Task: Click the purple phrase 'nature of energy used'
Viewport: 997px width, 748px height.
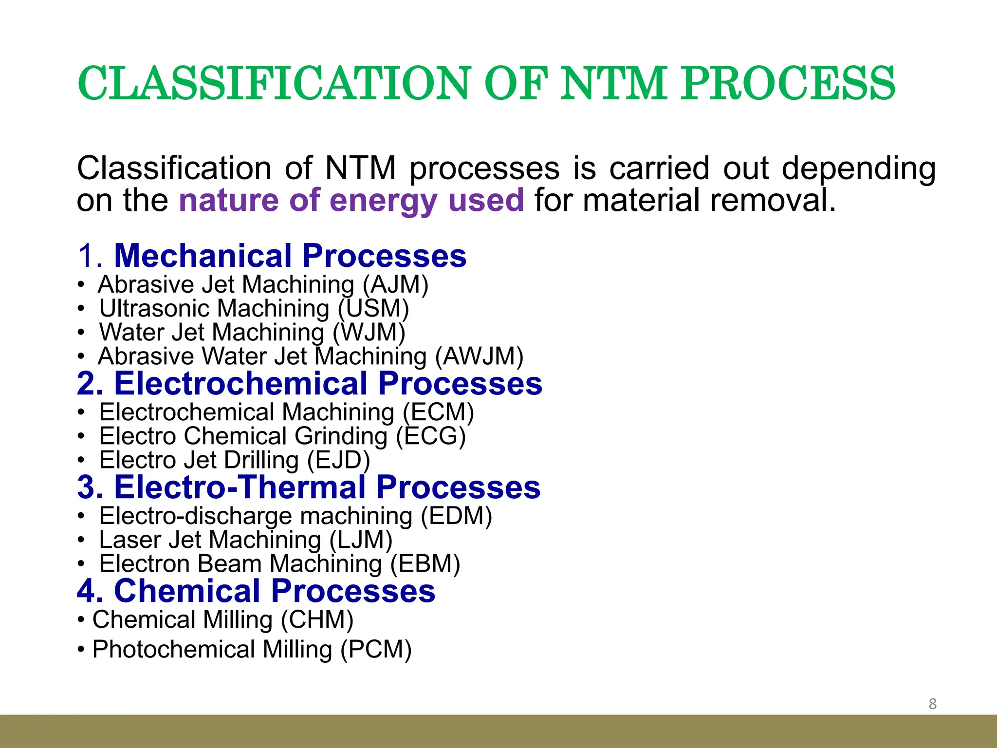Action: [351, 200]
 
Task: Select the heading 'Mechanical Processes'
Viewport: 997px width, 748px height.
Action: [290, 256]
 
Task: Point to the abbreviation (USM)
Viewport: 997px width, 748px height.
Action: [373, 309]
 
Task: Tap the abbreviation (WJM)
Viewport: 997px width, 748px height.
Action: [369, 333]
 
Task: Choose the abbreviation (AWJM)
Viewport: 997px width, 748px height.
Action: [479, 356]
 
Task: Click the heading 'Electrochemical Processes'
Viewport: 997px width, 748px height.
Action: [328, 384]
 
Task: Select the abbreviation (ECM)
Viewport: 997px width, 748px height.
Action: [438, 412]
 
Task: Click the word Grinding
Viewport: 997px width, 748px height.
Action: [341, 436]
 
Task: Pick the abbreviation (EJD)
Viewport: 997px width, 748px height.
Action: [338, 460]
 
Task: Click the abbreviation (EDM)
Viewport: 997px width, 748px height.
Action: [456, 516]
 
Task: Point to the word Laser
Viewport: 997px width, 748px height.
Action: [130, 540]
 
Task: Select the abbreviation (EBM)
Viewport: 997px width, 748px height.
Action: [425, 564]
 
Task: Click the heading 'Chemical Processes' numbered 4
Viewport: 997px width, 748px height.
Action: [274, 591]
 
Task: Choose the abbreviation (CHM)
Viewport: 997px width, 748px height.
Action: [317, 620]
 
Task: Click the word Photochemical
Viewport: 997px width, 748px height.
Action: [173, 650]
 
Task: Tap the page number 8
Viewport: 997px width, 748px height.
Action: [932, 704]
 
